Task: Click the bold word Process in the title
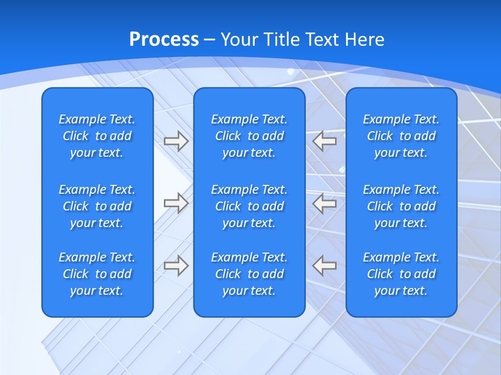pyautogui.click(x=164, y=40)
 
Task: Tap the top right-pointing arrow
pyautogui.click(x=176, y=141)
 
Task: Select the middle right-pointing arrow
pyautogui.click(x=176, y=203)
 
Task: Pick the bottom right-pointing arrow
pyautogui.click(x=176, y=265)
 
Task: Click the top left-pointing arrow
pyautogui.click(x=325, y=140)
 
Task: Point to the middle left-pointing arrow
pyautogui.click(x=325, y=203)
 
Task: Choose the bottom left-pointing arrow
pyautogui.click(x=325, y=265)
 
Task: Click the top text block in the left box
pyautogui.click(x=97, y=136)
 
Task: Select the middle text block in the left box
pyautogui.click(x=97, y=206)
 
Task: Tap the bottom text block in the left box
pyautogui.click(x=97, y=274)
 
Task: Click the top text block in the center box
pyautogui.click(x=249, y=136)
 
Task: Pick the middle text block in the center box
pyautogui.click(x=249, y=206)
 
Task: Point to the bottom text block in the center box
pyautogui.click(x=249, y=274)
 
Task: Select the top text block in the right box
pyautogui.click(x=401, y=136)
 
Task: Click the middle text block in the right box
pyautogui.click(x=401, y=206)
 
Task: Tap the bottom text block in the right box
pyautogui.click(x=401, y=274)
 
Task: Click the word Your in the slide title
pyautogui.click(x=237, y=40)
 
